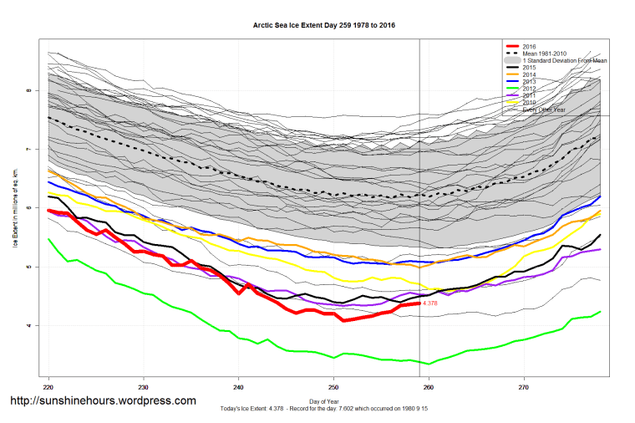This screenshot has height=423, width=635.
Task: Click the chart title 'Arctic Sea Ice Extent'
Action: click(x=324, y=26)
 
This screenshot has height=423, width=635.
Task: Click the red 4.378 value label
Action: click(x=431, y=303)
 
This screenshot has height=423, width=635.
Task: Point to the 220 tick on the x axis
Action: click(x=48, y=388)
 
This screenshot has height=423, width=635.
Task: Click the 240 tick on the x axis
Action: click(x=239, y=388)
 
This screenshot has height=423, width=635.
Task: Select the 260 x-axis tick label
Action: click(x=429, y=388)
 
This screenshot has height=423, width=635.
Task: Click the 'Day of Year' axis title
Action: click(x=324, y=402)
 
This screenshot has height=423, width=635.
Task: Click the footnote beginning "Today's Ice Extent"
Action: click(x=324, y=410)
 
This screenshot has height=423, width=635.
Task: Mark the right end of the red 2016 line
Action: click(x=419, y=303)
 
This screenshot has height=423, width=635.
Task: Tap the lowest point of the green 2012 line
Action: click(x=429, y=364)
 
